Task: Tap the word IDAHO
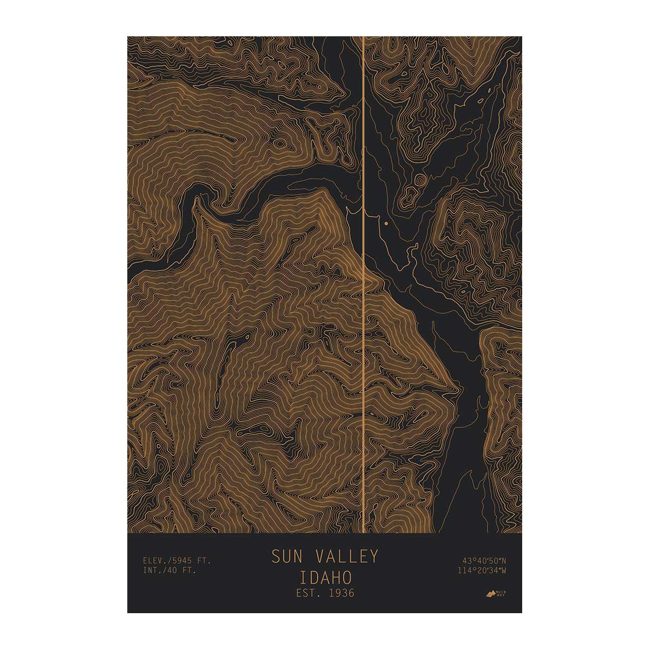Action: pos(325,575)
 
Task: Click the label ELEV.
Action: pos(155,561)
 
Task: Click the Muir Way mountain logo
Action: pos(492,594)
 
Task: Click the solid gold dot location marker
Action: pos(386,223)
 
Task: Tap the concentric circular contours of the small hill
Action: pos(420,180)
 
